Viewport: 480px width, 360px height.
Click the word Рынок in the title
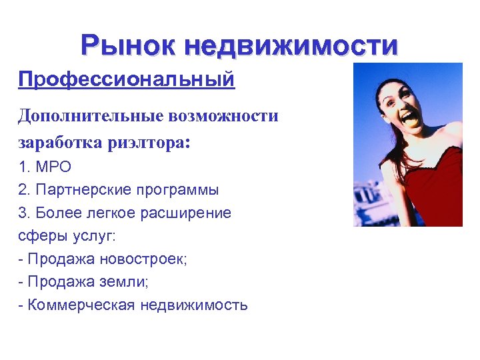pos(127,45)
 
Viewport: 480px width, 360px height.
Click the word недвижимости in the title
pos(291,45)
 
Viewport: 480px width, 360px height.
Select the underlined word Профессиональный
pos(127,80)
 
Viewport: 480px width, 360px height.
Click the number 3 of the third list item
pos(22,213)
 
